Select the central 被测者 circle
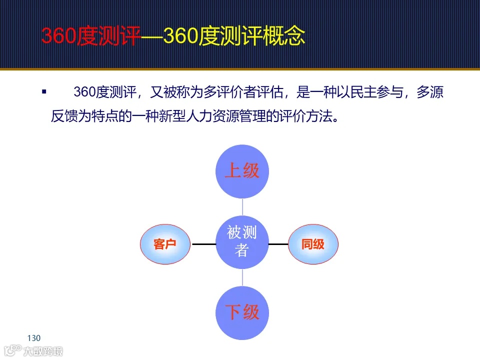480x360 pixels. pyautogui.click(x=242, y=241)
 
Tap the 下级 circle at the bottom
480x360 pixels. pyautogui.click(x=242, y=312)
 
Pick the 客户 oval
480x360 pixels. pyautogui.click(x=165, y=244)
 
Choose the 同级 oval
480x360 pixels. pyautogui.click(x=313, y=244)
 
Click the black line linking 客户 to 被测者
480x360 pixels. pyautogui.click(x=203, y=244)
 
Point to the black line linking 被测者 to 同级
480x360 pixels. pyautogui.click(x=278, y=244)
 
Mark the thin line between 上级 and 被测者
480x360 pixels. pyautogui.click(x=242, y=207)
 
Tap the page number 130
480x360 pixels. pyautogui.click(x=34, y=337)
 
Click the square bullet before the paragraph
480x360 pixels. pyautogui.click(x=44, y=92)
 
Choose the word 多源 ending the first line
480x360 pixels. pyautogui.click(x=431, y=93)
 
